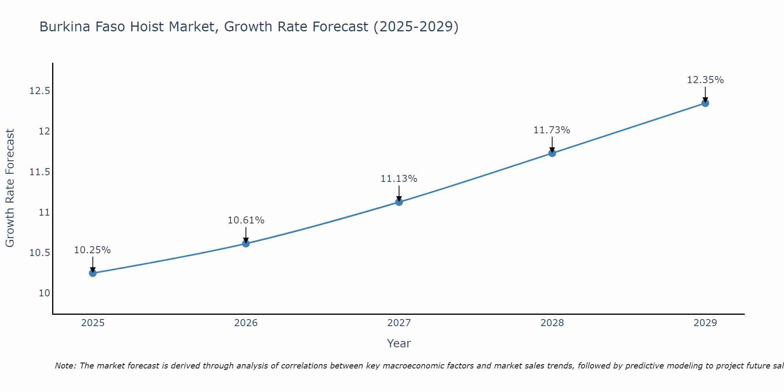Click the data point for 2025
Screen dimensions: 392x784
pyautogui.click(x=93, y=273)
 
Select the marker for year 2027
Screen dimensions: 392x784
pyautogui.click(x=399, y=202)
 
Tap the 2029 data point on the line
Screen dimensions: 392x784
pyautogui.click(x=705, y=103)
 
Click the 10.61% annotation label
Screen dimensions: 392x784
pyautogui.click(x=246, y=220)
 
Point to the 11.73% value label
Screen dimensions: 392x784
pyautogui.click(x=552, y=130)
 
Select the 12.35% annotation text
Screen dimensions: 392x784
pyautogui.click(x=705, y=80)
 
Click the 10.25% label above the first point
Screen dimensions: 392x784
pyautogui.click(x=93, y=250)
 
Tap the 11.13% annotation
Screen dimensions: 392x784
pyautogui.click(x=399, y=179)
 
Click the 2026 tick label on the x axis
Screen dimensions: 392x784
pyautogui.click(x=246, y=323)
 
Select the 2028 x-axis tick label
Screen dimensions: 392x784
pyautogui.click(x=552, y=323)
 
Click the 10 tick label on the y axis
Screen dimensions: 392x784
pyautogui.click(x=45, y=293)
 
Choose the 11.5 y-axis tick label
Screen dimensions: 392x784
pyautogui.click(x=40, y=172)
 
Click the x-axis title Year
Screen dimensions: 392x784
pyautogui.click(x=399, y=343)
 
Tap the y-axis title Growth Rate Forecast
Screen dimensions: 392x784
pyautogui.click(x=10, y=188)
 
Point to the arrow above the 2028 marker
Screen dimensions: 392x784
pyautogui.click(x=552, y=143)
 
